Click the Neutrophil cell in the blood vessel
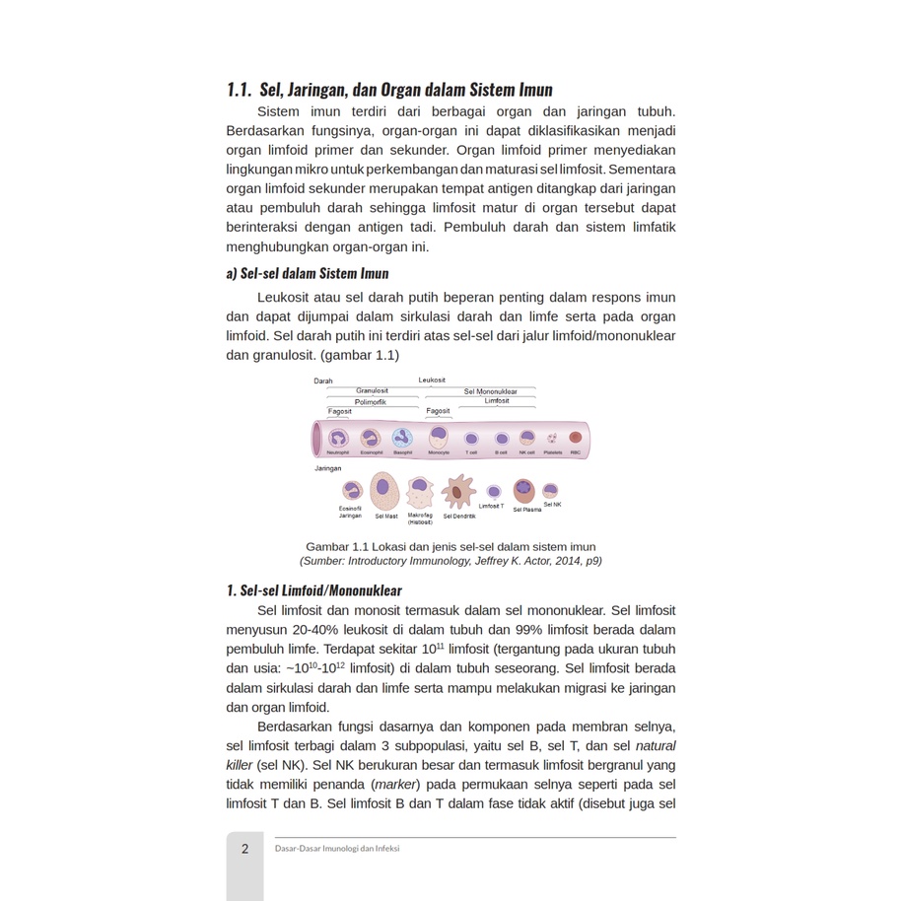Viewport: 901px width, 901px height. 338,439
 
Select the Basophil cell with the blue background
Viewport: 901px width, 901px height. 402,438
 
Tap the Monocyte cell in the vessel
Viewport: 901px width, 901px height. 439,437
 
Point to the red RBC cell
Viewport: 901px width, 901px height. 576,437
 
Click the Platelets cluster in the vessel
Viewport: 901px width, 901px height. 553,438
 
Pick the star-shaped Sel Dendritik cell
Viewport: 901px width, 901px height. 458,491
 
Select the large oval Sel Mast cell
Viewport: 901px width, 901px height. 385,490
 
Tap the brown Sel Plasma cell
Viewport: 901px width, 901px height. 524,490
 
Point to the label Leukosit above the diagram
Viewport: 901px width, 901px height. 432,381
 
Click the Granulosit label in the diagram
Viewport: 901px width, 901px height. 372,391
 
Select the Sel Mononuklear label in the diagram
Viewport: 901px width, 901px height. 490,391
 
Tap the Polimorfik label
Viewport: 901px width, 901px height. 371,402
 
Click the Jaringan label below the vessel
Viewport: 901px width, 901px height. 328,468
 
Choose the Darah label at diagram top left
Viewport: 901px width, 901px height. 323,381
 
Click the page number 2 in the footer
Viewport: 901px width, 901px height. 244,848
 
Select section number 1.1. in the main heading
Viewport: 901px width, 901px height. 240,91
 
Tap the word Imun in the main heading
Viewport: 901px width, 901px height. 530,91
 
